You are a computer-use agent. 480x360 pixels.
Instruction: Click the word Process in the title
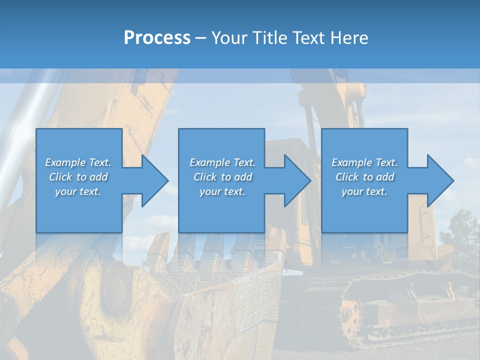point(157,37)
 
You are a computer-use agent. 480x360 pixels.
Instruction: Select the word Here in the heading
point(348,37)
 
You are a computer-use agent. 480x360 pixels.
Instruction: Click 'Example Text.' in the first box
point(78,162)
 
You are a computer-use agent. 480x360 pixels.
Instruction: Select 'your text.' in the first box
point(78,191)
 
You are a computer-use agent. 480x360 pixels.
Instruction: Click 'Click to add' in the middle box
point(222,177)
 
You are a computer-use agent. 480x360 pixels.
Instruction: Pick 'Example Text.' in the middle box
point(222,162)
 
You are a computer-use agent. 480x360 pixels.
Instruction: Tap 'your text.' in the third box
point(364,191)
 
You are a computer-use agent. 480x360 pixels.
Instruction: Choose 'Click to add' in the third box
point(364,177)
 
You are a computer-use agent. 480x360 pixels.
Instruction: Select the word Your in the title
point(229,37)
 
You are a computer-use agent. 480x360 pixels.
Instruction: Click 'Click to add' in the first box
point(78,177)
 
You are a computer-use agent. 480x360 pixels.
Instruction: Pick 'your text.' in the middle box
point(222,191)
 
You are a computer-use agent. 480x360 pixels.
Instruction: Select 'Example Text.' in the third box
point(364,162)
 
